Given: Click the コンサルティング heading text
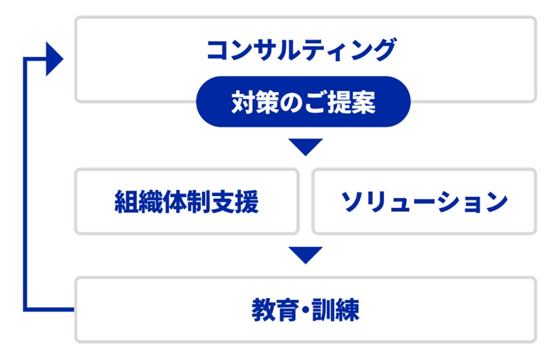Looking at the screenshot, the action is pyautogui.click(x=301, y=50).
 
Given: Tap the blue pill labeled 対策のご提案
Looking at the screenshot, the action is pyautogui.click(x=303, y=102).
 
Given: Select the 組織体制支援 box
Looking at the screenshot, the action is pyautogui.click(x=187, y=201).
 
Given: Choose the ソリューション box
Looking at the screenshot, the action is pyautogui.click(x=424, y=201).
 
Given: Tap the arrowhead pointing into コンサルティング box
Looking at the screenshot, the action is pyautogui.click(x=55, y=59).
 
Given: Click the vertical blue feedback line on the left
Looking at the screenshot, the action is pyautogui.click(x=25, y=186).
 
